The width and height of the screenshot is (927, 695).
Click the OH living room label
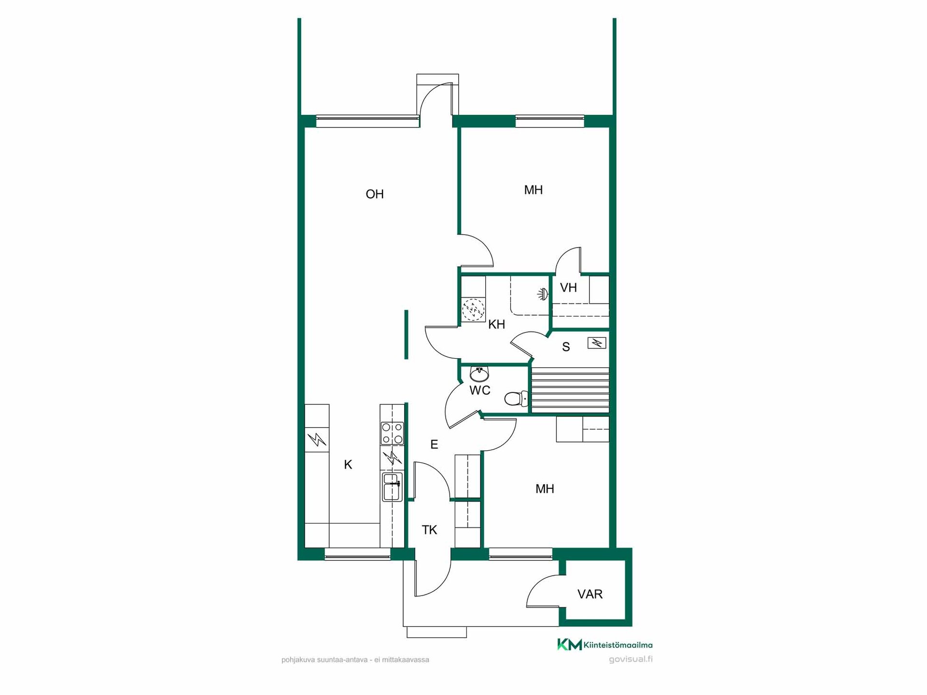[x=375, y=194]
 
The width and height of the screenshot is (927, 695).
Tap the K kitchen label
[x=348, y=464]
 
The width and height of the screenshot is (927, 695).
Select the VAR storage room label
[x=590, y=594]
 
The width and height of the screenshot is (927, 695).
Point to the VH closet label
[x=568, y=288]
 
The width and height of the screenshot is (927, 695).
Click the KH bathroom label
[x=497, y=324]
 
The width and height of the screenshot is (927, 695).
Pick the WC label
[x=480, y=390]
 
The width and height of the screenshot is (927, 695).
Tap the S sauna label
[x=566, y=347]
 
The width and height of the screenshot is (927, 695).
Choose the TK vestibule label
[x=429, y=530]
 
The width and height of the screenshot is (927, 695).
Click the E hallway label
[x=434, y=445]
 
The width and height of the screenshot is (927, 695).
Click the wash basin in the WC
[x=479, y=374]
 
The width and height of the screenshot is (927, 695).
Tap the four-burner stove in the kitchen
[x=393, y=433]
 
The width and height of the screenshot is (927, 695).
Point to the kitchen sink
[x=392, y=487]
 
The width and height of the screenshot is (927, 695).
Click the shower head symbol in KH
[x=544, y=293]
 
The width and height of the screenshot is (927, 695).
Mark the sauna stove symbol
[x=597, y=343]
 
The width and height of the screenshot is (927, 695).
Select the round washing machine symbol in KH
[x=473, y=310]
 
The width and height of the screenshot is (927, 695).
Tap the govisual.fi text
[x=631, y=659]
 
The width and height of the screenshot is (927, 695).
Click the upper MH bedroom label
[x=534, y=190]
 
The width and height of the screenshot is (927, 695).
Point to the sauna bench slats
[x=570, y=390]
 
